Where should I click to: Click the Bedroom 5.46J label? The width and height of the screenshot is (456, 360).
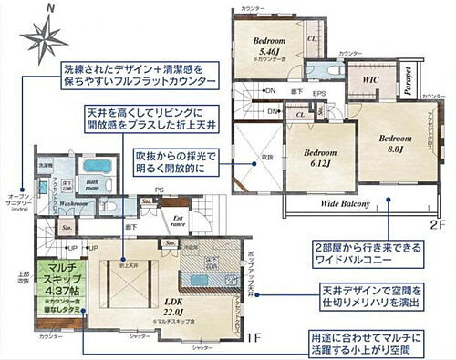[271, 48]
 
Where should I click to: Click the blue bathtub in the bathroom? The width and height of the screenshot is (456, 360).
[95, 168]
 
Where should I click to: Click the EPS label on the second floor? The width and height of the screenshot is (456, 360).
[319, 94]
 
